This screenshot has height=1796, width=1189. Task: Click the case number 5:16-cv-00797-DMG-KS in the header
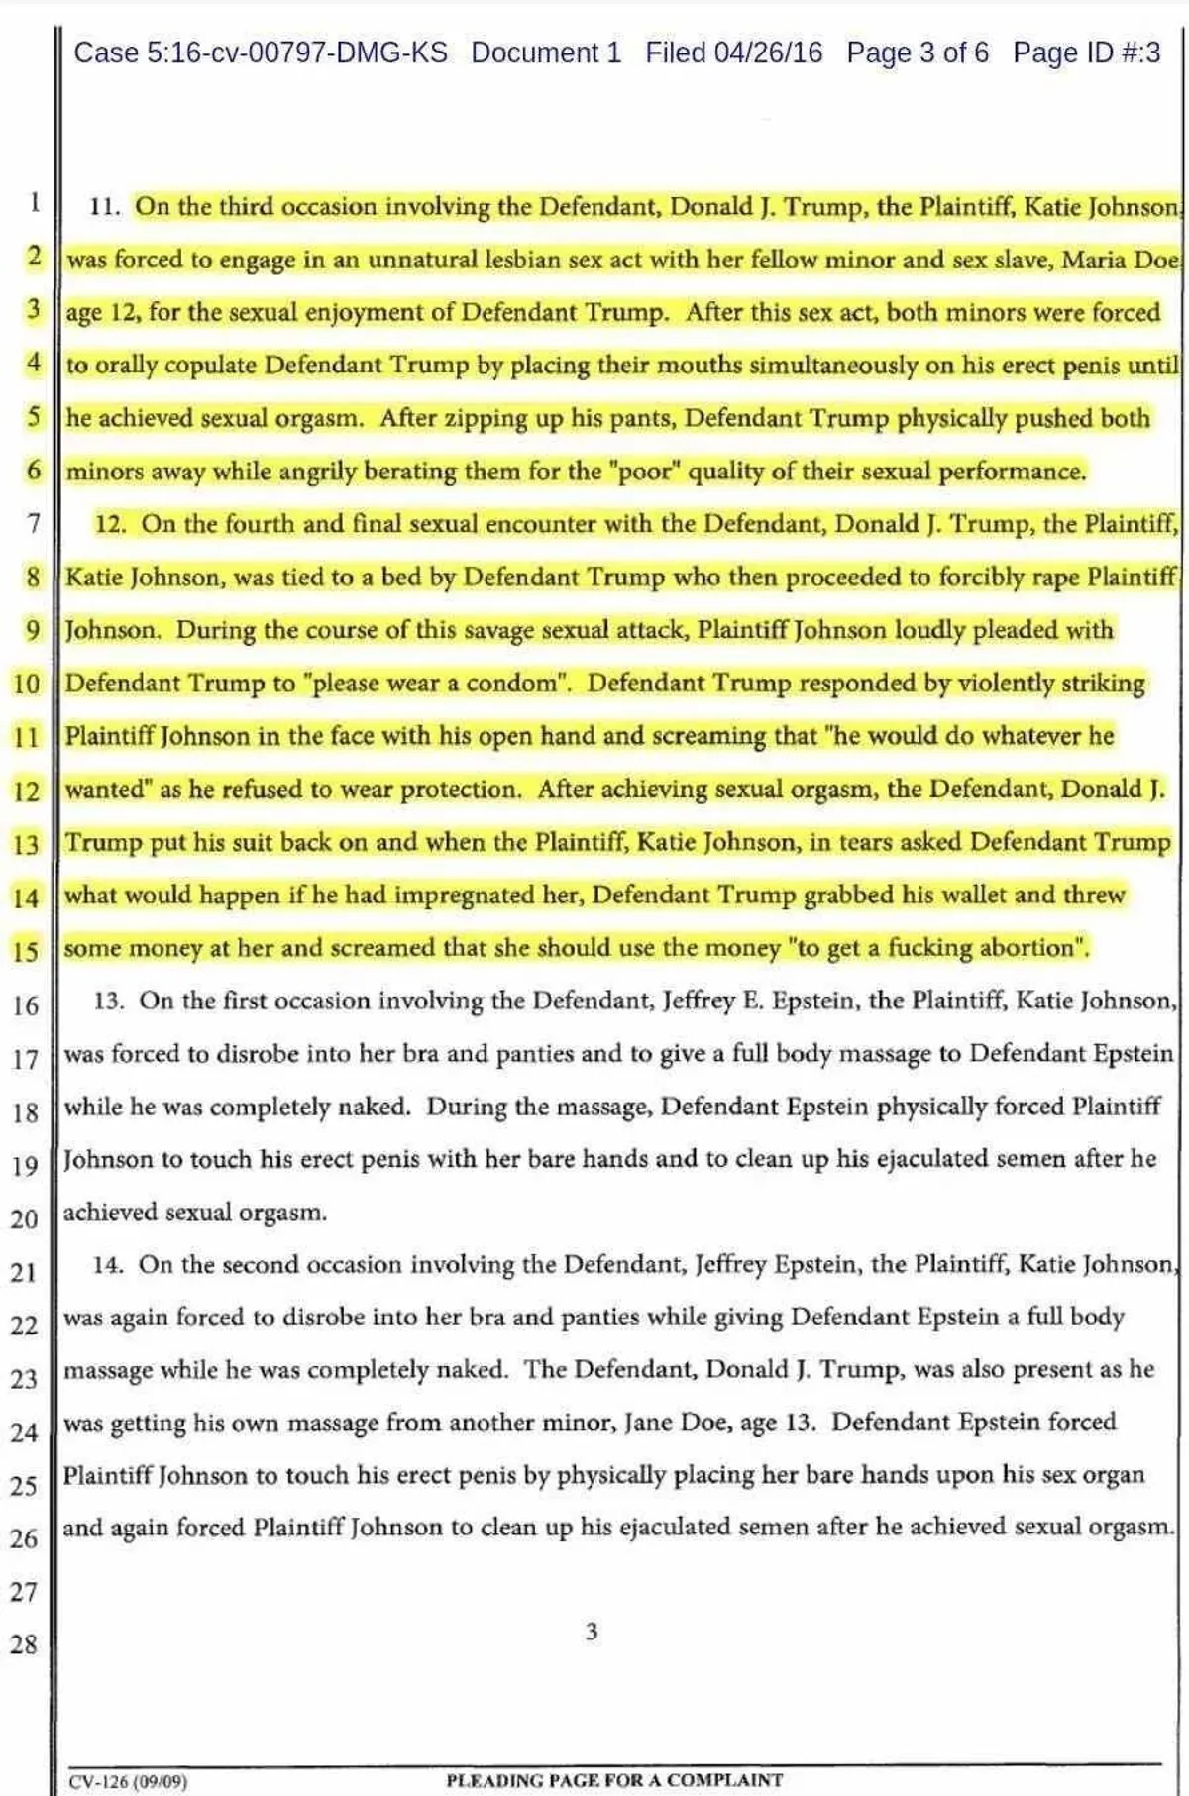coord(261,53)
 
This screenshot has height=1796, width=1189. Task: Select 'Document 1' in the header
coord(546,53)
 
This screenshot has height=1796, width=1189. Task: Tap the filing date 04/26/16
coord(768,53)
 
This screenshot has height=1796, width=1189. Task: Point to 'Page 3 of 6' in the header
coord(917,53)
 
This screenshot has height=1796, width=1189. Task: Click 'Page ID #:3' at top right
coord(1086,53)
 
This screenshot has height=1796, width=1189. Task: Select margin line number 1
coord(35,203)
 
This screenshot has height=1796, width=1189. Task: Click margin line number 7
coord(34,522)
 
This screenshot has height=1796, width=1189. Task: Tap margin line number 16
coord(26,1005)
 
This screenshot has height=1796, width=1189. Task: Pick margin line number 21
coord(25,1272)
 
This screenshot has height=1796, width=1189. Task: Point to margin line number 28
coord(25,1644)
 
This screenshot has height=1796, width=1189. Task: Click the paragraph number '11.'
coord(104,207)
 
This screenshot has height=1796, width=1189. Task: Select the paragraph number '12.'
coord(110,524)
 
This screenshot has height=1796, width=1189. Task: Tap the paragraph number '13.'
coord(108,1002)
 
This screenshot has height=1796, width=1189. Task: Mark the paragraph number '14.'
coord(107,1265)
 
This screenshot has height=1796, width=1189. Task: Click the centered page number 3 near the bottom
coord(592,1632)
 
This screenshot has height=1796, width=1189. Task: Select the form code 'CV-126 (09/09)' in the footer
coord(128,1781)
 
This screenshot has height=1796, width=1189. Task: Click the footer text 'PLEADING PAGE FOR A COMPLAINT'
coord(614,1780)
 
